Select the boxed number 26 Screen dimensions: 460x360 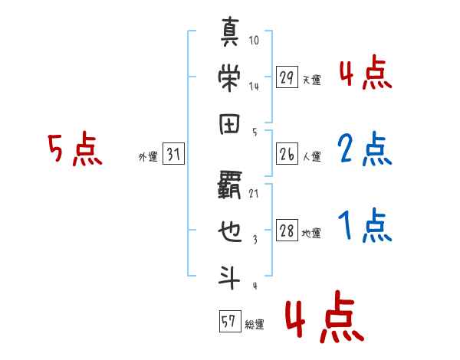pos(287,155)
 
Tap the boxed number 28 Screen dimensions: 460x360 pos(287,231)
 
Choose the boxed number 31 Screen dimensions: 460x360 pos(173,155)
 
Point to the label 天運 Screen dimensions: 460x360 pos(311,79)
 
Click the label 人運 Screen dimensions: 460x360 pos(311,157)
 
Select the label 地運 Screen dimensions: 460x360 pos(311,234)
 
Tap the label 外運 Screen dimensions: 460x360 pos(148,157)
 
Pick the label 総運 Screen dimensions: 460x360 pos(254,324)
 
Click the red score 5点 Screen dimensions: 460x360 pos(74,149)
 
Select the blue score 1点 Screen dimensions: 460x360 pos(364,225)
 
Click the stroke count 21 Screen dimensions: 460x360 pos(254,194)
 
